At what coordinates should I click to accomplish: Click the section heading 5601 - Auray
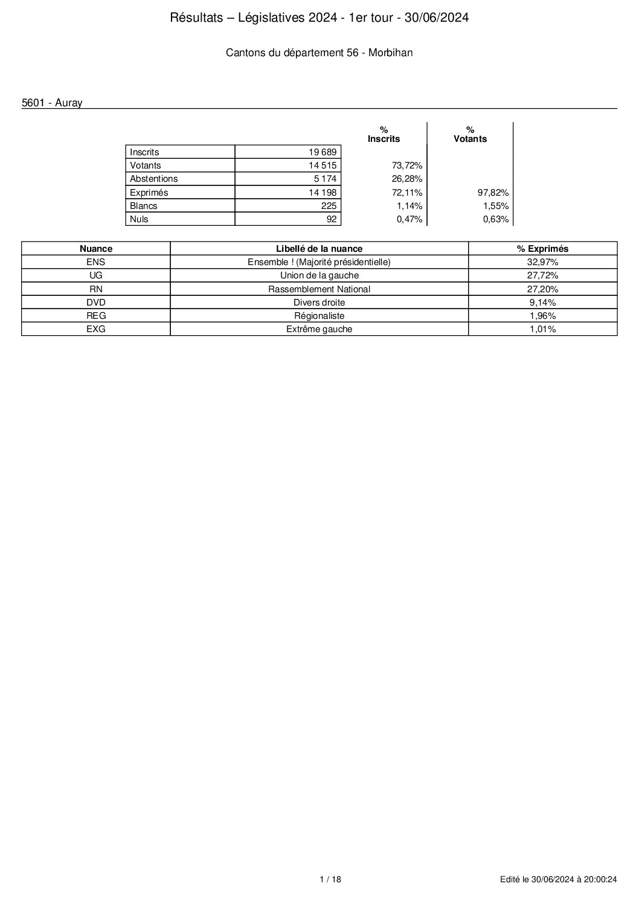tap(52, 103)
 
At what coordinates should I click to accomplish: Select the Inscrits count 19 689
tap(323, 152)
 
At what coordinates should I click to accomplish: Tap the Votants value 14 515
tap(323, 165)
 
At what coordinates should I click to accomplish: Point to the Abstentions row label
tap(154, 179)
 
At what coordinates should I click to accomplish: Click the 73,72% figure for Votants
tap(407, 165)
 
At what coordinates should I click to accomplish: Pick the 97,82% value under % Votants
tap(493, 193)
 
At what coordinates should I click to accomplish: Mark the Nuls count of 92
tap(331, 219)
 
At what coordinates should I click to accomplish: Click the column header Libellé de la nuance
tap(319, 248)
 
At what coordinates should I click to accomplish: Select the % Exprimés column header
tap(542, 248)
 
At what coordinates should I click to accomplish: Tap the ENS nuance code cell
tap(96, 262)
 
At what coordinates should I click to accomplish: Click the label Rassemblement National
tap(319, 289)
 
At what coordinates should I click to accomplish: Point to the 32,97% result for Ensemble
tap(542, 262)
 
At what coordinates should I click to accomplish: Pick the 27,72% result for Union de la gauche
tap(542, 275)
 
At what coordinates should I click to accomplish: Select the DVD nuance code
tap(96, 302)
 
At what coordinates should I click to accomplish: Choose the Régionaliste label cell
tap(319, 315)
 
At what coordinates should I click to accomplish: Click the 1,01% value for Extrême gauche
tap(542, 329)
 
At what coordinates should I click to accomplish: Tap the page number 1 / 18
tap(330, 880)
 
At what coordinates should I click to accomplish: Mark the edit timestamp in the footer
tap(558, 880)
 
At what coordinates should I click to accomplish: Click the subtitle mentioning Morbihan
tap(319, 53)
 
